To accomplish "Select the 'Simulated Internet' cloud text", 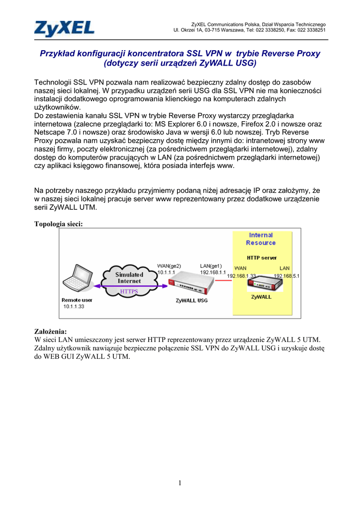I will tap(129, 277).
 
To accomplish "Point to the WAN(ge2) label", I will tap(169, 265).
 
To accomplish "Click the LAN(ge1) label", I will tap(211, 265).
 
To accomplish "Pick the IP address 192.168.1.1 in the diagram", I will tap(213, 272).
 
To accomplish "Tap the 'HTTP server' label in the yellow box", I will tap(262, 258).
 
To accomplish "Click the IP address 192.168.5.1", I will tap(287, 276).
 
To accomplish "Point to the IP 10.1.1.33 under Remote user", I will tap(74, 307).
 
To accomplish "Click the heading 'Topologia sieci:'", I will tap(58, 224).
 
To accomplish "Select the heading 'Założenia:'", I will tap(50, 331).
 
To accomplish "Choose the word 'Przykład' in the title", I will tap(60, 53).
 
